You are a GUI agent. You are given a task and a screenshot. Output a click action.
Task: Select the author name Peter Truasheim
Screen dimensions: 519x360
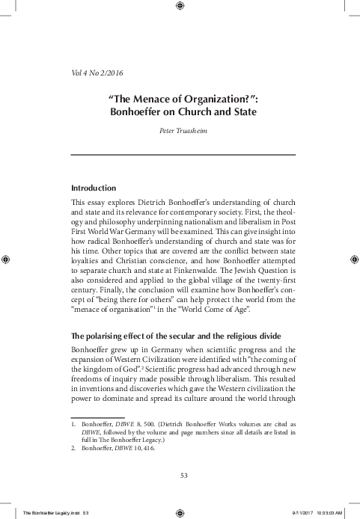tap(180, 131)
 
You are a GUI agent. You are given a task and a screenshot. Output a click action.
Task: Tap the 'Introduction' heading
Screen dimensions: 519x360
tap(93, 187)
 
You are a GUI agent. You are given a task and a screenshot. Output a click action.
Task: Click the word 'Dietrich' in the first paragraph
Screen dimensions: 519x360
tap(162, 203)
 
